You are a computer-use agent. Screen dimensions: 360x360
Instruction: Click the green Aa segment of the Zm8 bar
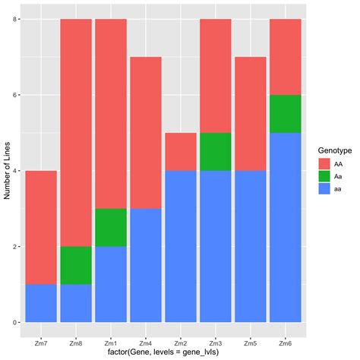coord(75,265)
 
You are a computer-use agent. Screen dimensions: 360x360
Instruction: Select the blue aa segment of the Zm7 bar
coord(41,303)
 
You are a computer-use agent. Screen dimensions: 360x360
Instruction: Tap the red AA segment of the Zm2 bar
coord(180,152)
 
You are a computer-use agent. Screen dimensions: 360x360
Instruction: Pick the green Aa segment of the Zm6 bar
coord(285,114)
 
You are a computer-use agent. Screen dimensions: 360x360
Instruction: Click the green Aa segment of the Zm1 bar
coord(110,227)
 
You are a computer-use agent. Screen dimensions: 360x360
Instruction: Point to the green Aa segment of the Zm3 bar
coord(215,152)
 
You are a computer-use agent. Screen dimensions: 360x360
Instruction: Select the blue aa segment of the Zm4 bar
coord(145,265)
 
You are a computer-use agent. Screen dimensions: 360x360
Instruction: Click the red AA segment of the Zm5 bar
coord(250,114)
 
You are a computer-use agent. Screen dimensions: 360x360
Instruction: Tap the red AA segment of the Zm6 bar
coord(285,57)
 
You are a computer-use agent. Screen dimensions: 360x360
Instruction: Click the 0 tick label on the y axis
coord(16,322)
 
